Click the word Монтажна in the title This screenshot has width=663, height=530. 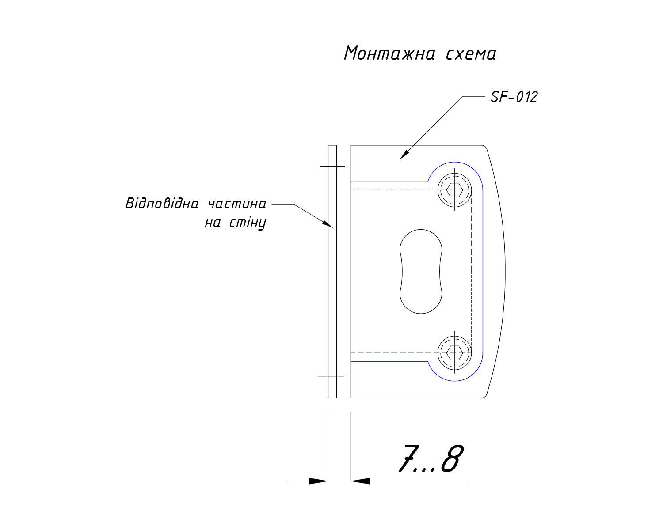click(x=390, y=53)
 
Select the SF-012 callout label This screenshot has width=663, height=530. click(x=514, y=97)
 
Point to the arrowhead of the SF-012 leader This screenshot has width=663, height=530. click(x=404, y=155)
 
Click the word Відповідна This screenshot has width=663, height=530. click(x=162, y=203)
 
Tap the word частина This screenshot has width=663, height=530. click(x=237, y=204)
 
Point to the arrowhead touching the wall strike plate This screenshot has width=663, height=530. click(x=328, y=224)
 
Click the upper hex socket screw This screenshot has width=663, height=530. click(x=454, y=190)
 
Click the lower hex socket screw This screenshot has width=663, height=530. click(x=454, y=352)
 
